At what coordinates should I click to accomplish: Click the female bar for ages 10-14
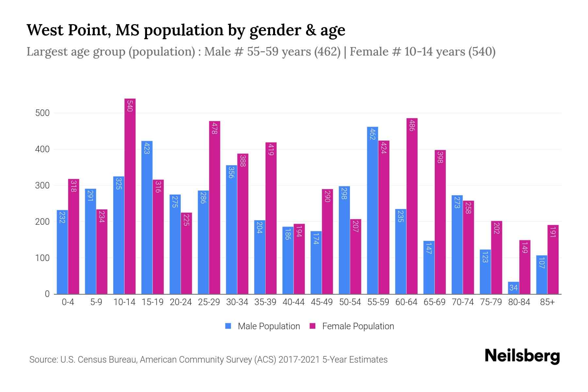(130, 196)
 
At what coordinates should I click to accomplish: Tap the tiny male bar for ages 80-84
(513, 288)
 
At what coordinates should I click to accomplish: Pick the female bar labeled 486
(412, 206)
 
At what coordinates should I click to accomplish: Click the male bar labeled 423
(147, 217)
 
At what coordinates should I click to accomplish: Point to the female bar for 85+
(553, 260)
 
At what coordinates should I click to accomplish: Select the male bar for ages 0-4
(62, 252)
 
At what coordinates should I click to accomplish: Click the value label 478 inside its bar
(215, 128)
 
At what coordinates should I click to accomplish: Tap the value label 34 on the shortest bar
(513, 288)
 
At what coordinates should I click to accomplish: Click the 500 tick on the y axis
(42, 113)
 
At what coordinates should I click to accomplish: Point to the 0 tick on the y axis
(47, 294)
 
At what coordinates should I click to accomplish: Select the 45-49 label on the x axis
(322, 302)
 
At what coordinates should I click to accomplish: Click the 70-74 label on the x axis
(463, 302)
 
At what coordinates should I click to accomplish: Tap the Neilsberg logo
(522, 356)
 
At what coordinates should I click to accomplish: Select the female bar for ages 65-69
(440, 222)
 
